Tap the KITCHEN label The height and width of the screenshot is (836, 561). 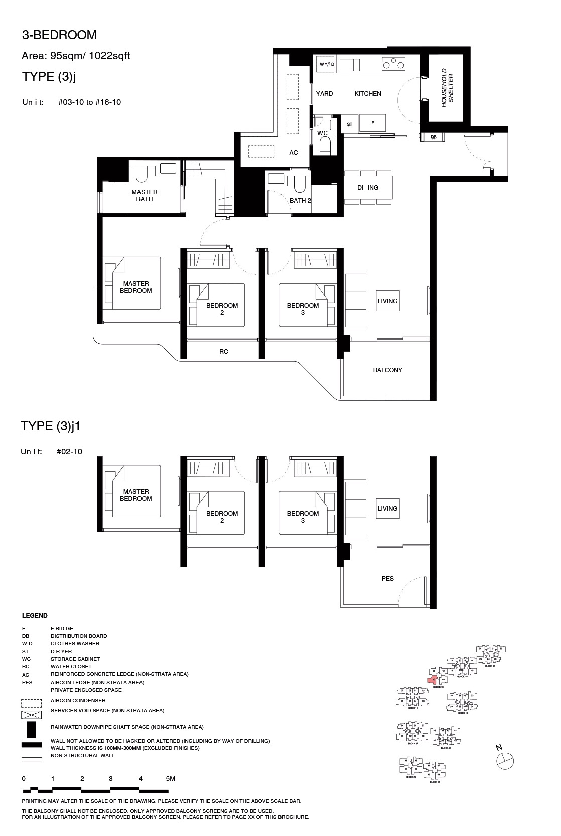(x=368, y=94)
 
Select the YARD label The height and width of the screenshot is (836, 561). (x=324, y=94)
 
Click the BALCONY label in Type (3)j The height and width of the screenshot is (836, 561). (x=387, y=370)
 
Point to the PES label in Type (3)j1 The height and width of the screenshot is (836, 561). (x=387, y=579)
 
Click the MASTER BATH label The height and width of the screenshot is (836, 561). (x=145, y=196)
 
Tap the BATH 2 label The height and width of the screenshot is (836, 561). (x=301, y=201)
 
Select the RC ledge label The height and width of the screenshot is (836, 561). (x=224, y=352)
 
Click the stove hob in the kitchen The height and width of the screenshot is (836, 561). (x=393, y=64)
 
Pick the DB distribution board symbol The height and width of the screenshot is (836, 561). (x=434, y=136)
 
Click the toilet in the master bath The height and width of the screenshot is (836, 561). (x=141, y=173)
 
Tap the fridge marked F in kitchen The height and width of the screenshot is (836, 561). (x=372, y=123)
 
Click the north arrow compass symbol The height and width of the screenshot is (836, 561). (x=505, y=761)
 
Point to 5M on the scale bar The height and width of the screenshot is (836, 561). (x=171, y=779)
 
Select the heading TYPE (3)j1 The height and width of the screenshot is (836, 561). (x=51, y=426)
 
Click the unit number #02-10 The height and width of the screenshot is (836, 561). (x=70, y=452)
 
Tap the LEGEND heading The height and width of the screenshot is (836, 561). (x=35, y=616)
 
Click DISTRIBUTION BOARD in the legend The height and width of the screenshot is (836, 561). (x=79, y=636)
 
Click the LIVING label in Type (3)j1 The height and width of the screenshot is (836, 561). (x=387, y=509)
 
